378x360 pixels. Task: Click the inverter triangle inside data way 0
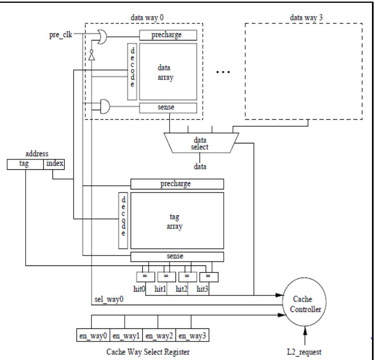92,56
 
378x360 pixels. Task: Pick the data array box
168,71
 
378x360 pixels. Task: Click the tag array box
177,221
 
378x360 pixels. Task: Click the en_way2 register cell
160,335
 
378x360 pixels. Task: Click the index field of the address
53,164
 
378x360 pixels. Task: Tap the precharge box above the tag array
177,184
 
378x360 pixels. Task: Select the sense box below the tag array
177,257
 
